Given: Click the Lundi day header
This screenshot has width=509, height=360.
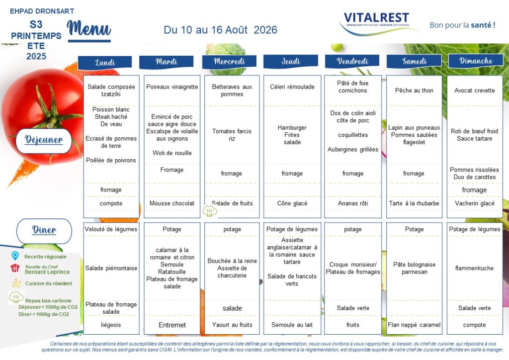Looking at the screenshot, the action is [x=105, y=62].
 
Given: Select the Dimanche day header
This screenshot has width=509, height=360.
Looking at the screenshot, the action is [x=476, y=61].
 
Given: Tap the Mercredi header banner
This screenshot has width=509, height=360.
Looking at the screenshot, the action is [x=229, y=61].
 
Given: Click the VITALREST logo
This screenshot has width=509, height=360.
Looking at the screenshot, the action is [x=377, y=22].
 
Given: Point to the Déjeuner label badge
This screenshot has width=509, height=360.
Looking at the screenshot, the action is [x=44, y=140].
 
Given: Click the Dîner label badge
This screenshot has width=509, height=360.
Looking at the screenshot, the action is [x=44, y=230].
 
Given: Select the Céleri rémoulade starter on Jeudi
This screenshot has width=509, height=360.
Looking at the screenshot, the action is [x=292, y=87].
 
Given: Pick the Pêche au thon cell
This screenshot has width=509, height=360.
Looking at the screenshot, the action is [x=414, y=90].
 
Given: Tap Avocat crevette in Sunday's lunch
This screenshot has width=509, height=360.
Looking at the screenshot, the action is [x=475, y=90].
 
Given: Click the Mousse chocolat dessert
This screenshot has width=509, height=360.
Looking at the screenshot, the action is [x=171, y=203].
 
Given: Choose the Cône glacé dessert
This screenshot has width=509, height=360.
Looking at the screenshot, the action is [x=292, y=203].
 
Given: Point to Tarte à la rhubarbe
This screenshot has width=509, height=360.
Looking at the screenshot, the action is [x=414, y=203].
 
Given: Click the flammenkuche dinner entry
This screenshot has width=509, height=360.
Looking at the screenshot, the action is [x=474, y=268].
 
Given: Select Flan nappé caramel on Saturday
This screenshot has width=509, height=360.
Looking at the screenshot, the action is [x=414, y=325].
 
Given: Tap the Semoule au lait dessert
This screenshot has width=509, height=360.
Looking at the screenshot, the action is [x=292, y=325].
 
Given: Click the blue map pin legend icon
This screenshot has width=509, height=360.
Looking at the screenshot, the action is [x=15, y=256].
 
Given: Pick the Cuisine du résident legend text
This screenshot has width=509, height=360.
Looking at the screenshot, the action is [x=49, y=283].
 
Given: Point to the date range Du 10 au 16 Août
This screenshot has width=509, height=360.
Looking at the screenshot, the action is [x=205, y=30].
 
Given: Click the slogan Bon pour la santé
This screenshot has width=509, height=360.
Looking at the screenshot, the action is [x=462, y=25].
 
